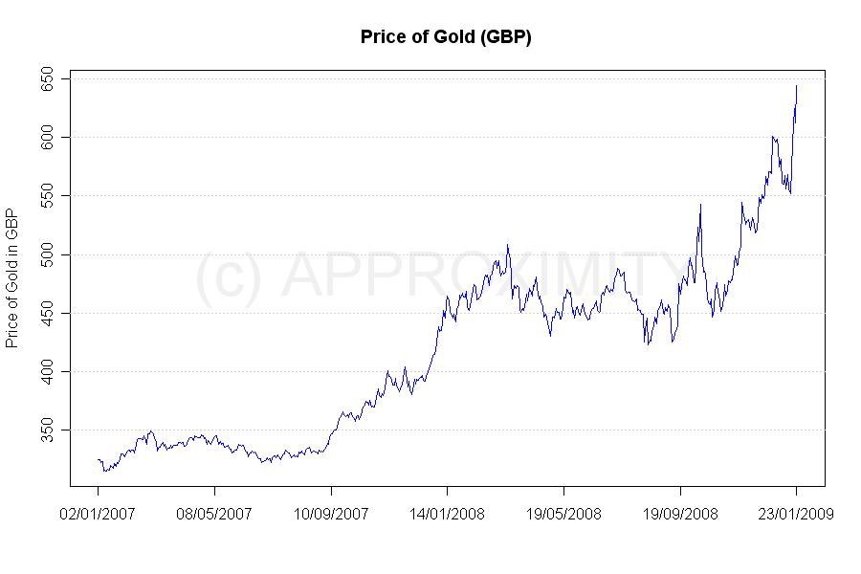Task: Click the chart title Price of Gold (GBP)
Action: pyautogui.click(x=446, y=37)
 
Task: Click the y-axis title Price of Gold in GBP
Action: pyautogui.click(x=12, y=277)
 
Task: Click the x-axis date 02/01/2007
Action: pyautogui.click(x=98, y=514)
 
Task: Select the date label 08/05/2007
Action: pyautogui.click(x=214, y=514)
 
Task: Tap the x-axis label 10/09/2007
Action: pyautogui.click(x=330, y=514)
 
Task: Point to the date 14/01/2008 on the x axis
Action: pyautogui.click(x=447, y=514)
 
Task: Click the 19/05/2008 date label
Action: pyautogui.click(x=563, y=514)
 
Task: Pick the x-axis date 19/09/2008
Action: pyautogui.click(x=679, y=514)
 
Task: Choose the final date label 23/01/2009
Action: pyautogui.click(x=796, y=514)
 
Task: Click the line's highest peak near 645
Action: pyautogui.click(x=796, y=86)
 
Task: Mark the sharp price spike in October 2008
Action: pyautogui.click(x=700, y=204)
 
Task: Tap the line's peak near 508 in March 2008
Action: pyautogui.click(x=508, y=245)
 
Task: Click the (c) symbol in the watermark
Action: pyautogui.click(x=228, y=276)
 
